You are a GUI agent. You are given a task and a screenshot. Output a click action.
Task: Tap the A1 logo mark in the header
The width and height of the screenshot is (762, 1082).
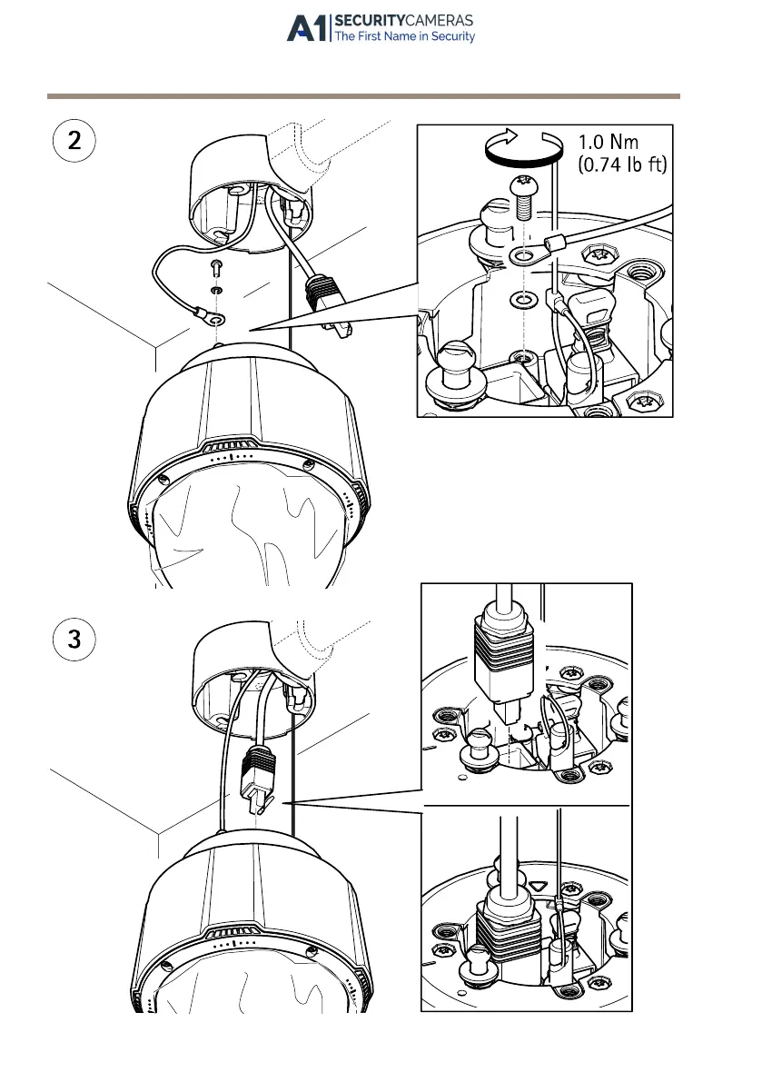pyautogui.click(x=307, y=28)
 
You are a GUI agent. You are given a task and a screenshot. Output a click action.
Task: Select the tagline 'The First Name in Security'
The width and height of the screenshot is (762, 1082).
pyautogui.click(x=404, y=37)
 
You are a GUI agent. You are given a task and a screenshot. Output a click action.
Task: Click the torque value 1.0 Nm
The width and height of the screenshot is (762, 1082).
pyautogui.click(x=609, y=143)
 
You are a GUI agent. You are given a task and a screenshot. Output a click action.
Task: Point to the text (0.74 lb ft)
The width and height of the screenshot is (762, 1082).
pyautogui.click(x=622, y=166)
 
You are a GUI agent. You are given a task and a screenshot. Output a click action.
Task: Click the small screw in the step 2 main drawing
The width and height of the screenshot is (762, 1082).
pyautogui.click(x=215, y=267)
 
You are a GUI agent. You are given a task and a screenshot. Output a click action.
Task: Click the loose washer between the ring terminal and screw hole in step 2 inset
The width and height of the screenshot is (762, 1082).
pyautogui.click(x=520, y=298)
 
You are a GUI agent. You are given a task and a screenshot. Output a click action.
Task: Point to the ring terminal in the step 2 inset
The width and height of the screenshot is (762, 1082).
pyautogui.click(x=521, y=257)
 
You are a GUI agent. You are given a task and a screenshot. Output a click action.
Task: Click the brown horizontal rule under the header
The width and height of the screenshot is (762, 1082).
pyautogui.click(x=363, y=95)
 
